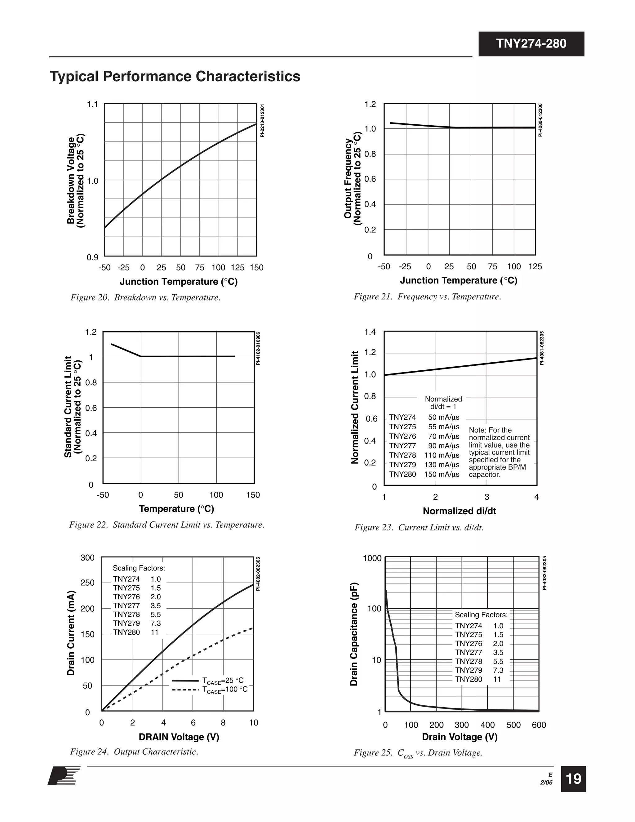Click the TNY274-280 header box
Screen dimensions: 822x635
(531, 44)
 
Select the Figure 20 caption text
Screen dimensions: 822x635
(145, 297)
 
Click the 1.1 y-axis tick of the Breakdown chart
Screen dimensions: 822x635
(92, 104)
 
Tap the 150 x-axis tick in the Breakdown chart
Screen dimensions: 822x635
(256, 268)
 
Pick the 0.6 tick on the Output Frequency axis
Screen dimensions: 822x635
(370, 179)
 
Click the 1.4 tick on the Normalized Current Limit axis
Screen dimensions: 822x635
(370, 332)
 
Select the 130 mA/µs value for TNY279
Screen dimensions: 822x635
(442, 465)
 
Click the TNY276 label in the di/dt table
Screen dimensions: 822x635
(402, 436)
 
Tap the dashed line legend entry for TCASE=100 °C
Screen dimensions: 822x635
(210, 690)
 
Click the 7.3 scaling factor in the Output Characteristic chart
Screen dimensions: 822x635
(155, 623)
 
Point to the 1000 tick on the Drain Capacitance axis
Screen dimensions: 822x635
(372, 558)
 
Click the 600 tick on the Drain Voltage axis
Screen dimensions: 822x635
(539, 725)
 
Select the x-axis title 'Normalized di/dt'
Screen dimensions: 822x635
(459, 511)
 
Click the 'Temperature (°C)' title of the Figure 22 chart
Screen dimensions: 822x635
(176, 508)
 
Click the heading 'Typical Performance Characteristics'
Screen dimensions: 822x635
(175, 76)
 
